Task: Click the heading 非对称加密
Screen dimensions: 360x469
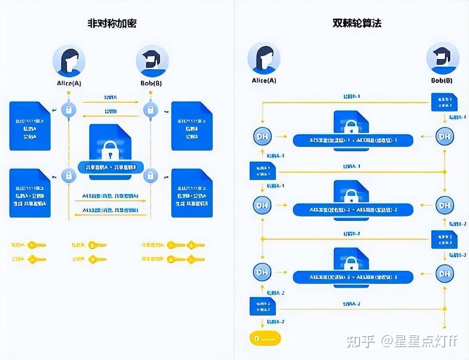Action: pyautogui.click(x=112, y=23)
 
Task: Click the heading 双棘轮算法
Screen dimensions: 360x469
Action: pyautogui.click(x=357, y=23)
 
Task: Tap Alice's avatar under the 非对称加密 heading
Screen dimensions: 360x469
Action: pyautogui.click(x=69, y=61)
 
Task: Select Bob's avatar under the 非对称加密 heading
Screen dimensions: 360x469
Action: pyautogui.click(x=152, y=61)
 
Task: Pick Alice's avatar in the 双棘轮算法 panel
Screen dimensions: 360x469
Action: pyautogui.click(x=264, y=59)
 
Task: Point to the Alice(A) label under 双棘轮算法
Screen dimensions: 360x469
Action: pyautogui.click(x=264, y=81)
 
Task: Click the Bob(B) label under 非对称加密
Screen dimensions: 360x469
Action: pyautogui.click(x=151, y=83)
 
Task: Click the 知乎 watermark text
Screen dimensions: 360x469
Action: pyautogui.click(x=361, y=341)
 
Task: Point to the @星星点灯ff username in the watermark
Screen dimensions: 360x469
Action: pyautogui.click(x=419, y=341)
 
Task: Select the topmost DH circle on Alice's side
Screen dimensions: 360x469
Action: pyautogui.click(x=262, y=136)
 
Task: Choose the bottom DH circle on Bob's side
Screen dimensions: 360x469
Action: pyautogui.click(x=444, y=273)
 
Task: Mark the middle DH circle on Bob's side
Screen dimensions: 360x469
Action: pyautogui.click(x=444, y=205)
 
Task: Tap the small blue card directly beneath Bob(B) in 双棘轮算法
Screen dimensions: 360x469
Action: pyautogui.click(x=444, y=102)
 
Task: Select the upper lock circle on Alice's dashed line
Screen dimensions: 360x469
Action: pyautogui.click(x=69, y=109)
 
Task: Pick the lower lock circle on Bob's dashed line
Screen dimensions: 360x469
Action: pyautogui.click(x=150, y=175)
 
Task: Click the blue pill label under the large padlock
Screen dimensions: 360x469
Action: pyautogui.click(x=110, y=168)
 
